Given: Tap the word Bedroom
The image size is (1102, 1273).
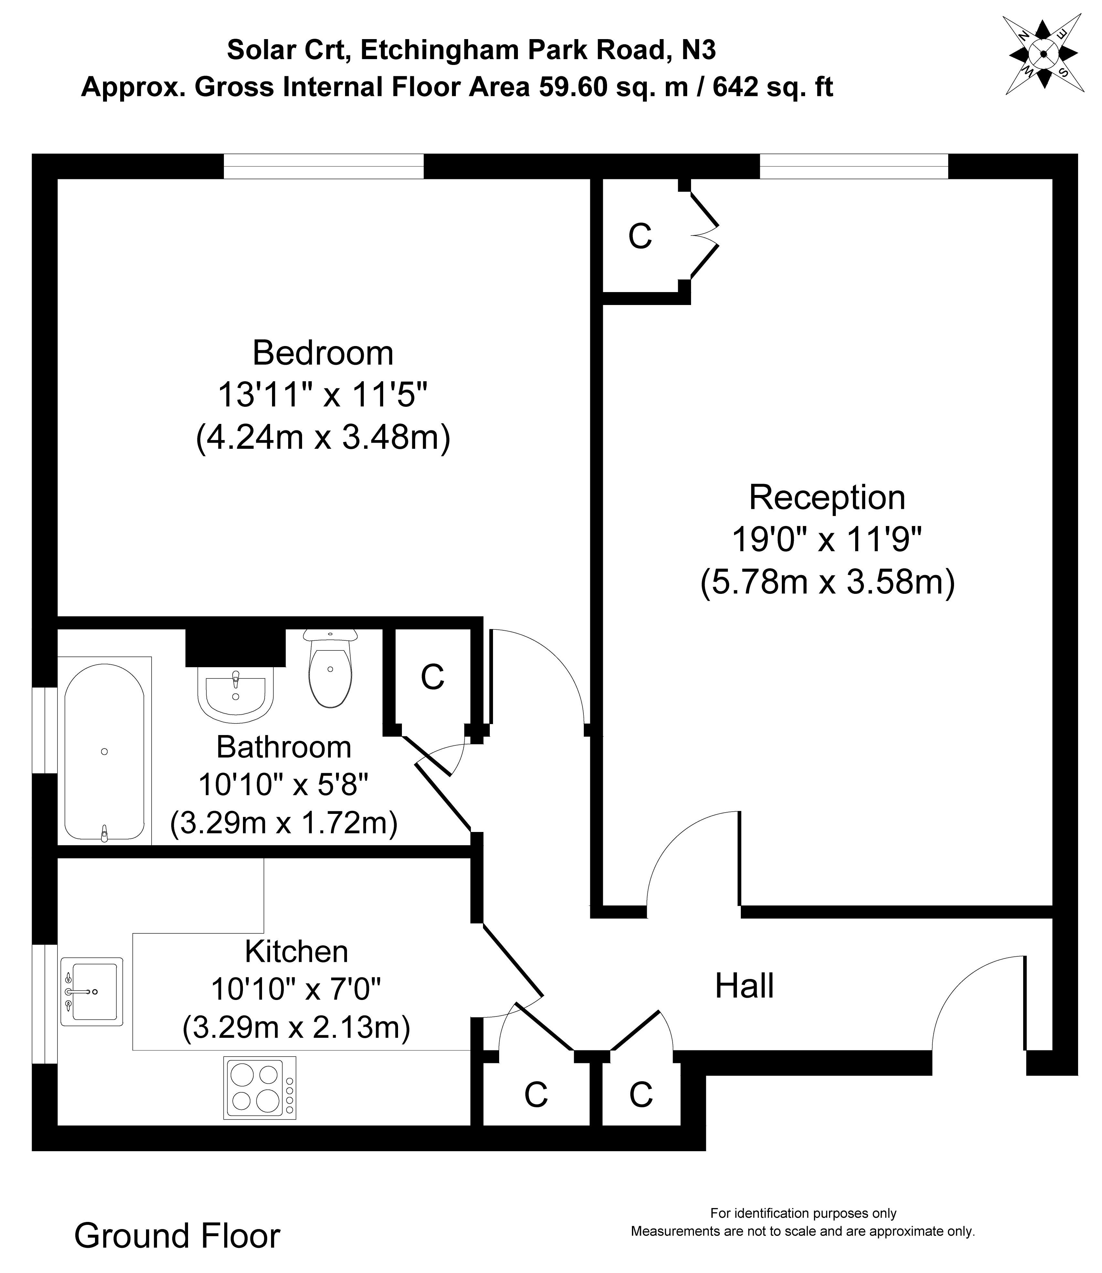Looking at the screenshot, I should tap(323, 353).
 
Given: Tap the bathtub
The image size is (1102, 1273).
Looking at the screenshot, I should tap(105, 752).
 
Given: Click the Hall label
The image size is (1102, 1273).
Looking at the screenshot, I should tap(744, 986).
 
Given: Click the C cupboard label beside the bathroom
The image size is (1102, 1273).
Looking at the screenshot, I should tap(432, 678).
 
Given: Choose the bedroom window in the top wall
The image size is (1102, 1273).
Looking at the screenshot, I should tap(323, 166).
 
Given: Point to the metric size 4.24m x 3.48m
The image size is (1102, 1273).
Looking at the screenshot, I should tap(323, 438).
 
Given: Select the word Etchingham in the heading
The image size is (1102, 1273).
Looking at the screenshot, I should tap(438, 50).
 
